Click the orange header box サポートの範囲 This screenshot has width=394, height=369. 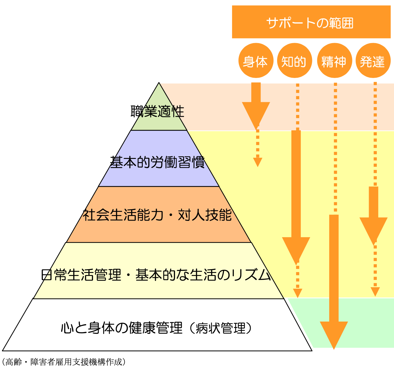point(311,22)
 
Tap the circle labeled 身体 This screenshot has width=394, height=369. point(256,61)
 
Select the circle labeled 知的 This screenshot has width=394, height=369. point(294,61)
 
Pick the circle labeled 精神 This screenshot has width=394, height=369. point(334,61)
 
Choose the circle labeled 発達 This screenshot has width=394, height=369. point(373,61)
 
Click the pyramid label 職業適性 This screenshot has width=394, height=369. point(157,111)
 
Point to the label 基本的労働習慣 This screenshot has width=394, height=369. point(157,162)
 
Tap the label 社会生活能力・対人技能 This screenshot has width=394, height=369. point(157,215)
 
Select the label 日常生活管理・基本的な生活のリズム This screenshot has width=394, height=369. point(156,275)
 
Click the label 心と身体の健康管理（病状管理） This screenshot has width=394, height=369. point(156,328)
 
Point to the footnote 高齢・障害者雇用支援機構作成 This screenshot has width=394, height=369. point(64,362)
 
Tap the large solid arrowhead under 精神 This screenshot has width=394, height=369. point(334,333)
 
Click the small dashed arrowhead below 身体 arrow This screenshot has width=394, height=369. point(258,162)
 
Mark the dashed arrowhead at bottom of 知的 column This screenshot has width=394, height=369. point(297,293)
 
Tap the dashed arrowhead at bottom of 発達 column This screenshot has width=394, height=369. point(375,291)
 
